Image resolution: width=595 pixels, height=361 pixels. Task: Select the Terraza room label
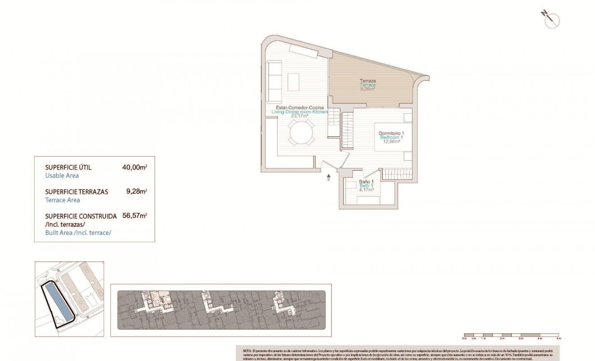pos(368,81)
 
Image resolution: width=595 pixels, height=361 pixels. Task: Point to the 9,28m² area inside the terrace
pos(368,89)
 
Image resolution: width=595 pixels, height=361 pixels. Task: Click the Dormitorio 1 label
pos(391,133)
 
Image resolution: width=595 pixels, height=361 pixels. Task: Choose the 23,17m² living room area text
pos(299,116)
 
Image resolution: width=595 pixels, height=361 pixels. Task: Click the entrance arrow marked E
pos(329,177)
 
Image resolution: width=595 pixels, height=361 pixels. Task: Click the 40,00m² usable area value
pos(135,167)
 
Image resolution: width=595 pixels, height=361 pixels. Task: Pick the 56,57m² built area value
pos(135,216)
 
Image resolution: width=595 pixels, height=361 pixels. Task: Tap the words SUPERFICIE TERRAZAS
pos(77,192)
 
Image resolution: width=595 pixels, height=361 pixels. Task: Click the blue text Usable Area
pos(62,176)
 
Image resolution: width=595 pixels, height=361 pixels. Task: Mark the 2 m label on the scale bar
pos(502,338)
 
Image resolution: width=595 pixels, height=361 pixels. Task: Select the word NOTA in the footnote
pos(247,350)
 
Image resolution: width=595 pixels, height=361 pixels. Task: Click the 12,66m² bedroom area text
pos(392,141)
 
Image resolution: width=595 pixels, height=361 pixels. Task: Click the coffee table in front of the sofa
pos(293,81)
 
